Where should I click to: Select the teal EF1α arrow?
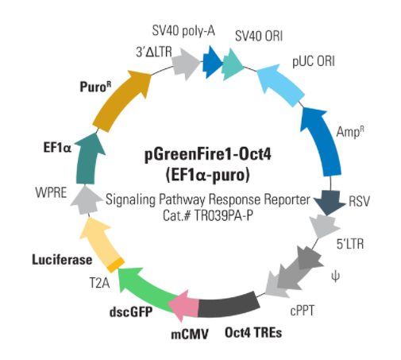coord(87,159)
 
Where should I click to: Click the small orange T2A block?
coord(116,265)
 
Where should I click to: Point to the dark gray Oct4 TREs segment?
coord(229,304)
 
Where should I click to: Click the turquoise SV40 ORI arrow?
coord(233,64)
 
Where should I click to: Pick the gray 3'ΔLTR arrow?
coord(186,64)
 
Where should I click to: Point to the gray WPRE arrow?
coord(85,200)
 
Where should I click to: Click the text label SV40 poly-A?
coord(183,31)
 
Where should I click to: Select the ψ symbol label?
coord(335,277)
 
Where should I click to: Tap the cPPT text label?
coord(303,311)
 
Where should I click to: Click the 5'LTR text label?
coord(350,244)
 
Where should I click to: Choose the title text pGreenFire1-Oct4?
coord(208,154)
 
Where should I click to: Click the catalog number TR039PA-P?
coord(224,216)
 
